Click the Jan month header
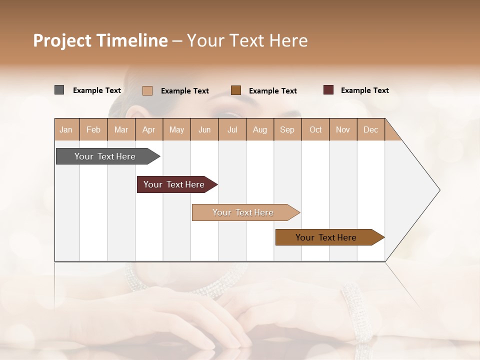(66, 129)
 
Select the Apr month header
(149, 129)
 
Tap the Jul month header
(232, 129)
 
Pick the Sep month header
(287, 129)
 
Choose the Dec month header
(370, 129)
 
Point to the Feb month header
(93, 129)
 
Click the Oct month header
(315, 129)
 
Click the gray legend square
(59, 90)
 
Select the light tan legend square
(147, 90)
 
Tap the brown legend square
(236, 90)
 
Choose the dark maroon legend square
(328, 90)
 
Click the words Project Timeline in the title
(100, 40)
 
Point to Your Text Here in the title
(247, 40)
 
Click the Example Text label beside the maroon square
(364, 90)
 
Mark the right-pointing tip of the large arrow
(438, 190)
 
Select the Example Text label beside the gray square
(97, 90)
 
